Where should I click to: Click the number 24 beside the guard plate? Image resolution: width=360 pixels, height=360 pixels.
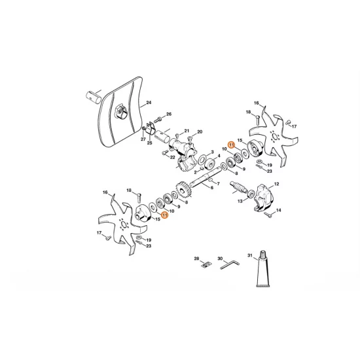point(149,103)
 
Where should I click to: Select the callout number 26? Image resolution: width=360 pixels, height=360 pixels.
point(169,114)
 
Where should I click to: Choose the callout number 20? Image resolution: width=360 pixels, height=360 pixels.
point(199,132)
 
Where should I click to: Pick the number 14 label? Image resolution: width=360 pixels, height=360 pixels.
point(278,211)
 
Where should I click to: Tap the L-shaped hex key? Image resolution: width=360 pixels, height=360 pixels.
point(230,264)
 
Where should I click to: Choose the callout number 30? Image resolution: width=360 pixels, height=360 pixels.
point(220,259)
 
